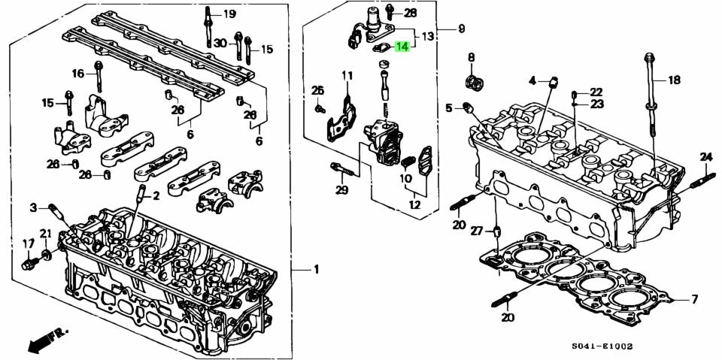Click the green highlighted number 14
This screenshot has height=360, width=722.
(x=403, y=47)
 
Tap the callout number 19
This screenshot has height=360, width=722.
(x=229, y=14)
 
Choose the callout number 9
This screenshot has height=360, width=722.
(x=461, y=29)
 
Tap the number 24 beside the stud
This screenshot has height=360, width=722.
(x=705, y=156)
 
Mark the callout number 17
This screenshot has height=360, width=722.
(x=28, y=243)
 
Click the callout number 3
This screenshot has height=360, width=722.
(x=33, y=207)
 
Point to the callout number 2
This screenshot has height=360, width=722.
(x=156, y=196)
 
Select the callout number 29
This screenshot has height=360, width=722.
(x=342, y=191)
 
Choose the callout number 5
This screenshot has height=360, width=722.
(x=449, y=108)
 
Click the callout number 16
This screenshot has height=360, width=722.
(x=78, y=73)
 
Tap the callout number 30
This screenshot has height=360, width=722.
(x=219, y=43)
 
